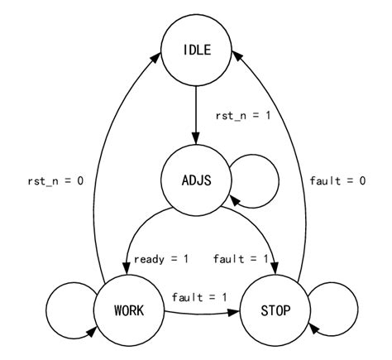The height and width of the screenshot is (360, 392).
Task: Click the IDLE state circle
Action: pyautogui.click(x=197, y=51)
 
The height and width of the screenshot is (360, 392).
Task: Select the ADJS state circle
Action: pyautogui.click(x=197, y=180)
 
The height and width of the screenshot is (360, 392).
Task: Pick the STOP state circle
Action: pyautogui.click(x=274, y=311)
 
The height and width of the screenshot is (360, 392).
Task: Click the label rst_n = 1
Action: pyautogui.click(x=243, y=116)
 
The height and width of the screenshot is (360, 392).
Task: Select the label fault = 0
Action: pyautogui.click(x=337, y=180)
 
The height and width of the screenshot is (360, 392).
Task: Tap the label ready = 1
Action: pyautogui.click(x=161, y=259)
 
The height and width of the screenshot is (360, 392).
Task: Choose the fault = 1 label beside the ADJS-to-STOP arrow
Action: pyautogui.click(x=241, y=259)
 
